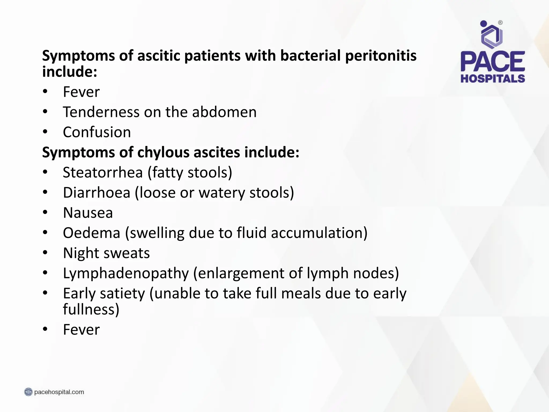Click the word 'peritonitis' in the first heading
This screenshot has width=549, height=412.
coord(381,56)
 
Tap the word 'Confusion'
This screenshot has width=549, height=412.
coord(97,132)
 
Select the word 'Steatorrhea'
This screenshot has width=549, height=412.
coord(103,172)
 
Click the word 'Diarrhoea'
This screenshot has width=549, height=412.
coord(97,193)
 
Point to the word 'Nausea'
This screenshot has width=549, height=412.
coord(88,213)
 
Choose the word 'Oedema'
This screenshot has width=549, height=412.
coord(91,233)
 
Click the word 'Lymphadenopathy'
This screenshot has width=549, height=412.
coord(126,273)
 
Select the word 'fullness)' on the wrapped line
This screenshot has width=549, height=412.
coord(91,309)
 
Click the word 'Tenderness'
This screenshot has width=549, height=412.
coord(101,112)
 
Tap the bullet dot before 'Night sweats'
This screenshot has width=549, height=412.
coord(45,253)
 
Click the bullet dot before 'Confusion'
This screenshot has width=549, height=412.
coord(45,132)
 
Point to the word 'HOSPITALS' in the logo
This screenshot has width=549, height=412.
coord(493,79)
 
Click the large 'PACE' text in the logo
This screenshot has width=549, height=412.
coord(493,62)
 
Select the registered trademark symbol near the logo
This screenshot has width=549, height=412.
coord(500,23)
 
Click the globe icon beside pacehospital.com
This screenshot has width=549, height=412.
coord(28,392)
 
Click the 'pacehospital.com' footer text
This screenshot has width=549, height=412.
coord(59,392)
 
